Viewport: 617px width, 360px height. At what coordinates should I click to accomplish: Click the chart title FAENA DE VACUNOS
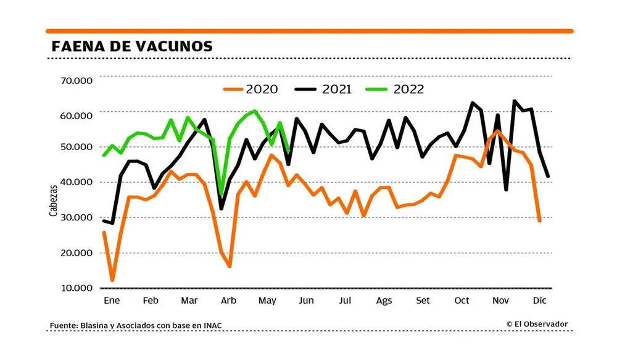(132, 46)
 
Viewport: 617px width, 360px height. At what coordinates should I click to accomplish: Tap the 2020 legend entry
(250, 89)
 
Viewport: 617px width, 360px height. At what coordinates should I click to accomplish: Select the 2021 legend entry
(323, 89)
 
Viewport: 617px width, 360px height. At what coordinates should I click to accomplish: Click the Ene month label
(109, 300)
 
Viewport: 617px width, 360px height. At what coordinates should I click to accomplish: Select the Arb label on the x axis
(228, 300)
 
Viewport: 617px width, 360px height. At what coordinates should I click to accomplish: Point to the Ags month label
(384, 300)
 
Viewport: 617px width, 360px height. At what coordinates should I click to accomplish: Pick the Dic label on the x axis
(540, 300)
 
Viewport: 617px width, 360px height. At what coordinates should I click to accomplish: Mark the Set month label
(423, 300)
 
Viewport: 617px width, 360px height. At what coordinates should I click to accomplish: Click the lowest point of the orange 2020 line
(112, 280)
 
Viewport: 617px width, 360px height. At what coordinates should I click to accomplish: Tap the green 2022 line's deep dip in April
(222, 194)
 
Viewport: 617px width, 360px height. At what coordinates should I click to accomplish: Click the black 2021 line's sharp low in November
(506, 190)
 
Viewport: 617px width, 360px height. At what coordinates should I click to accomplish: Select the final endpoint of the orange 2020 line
(540, 220)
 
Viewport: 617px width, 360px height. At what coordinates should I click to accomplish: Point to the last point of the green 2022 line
(289, 149)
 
